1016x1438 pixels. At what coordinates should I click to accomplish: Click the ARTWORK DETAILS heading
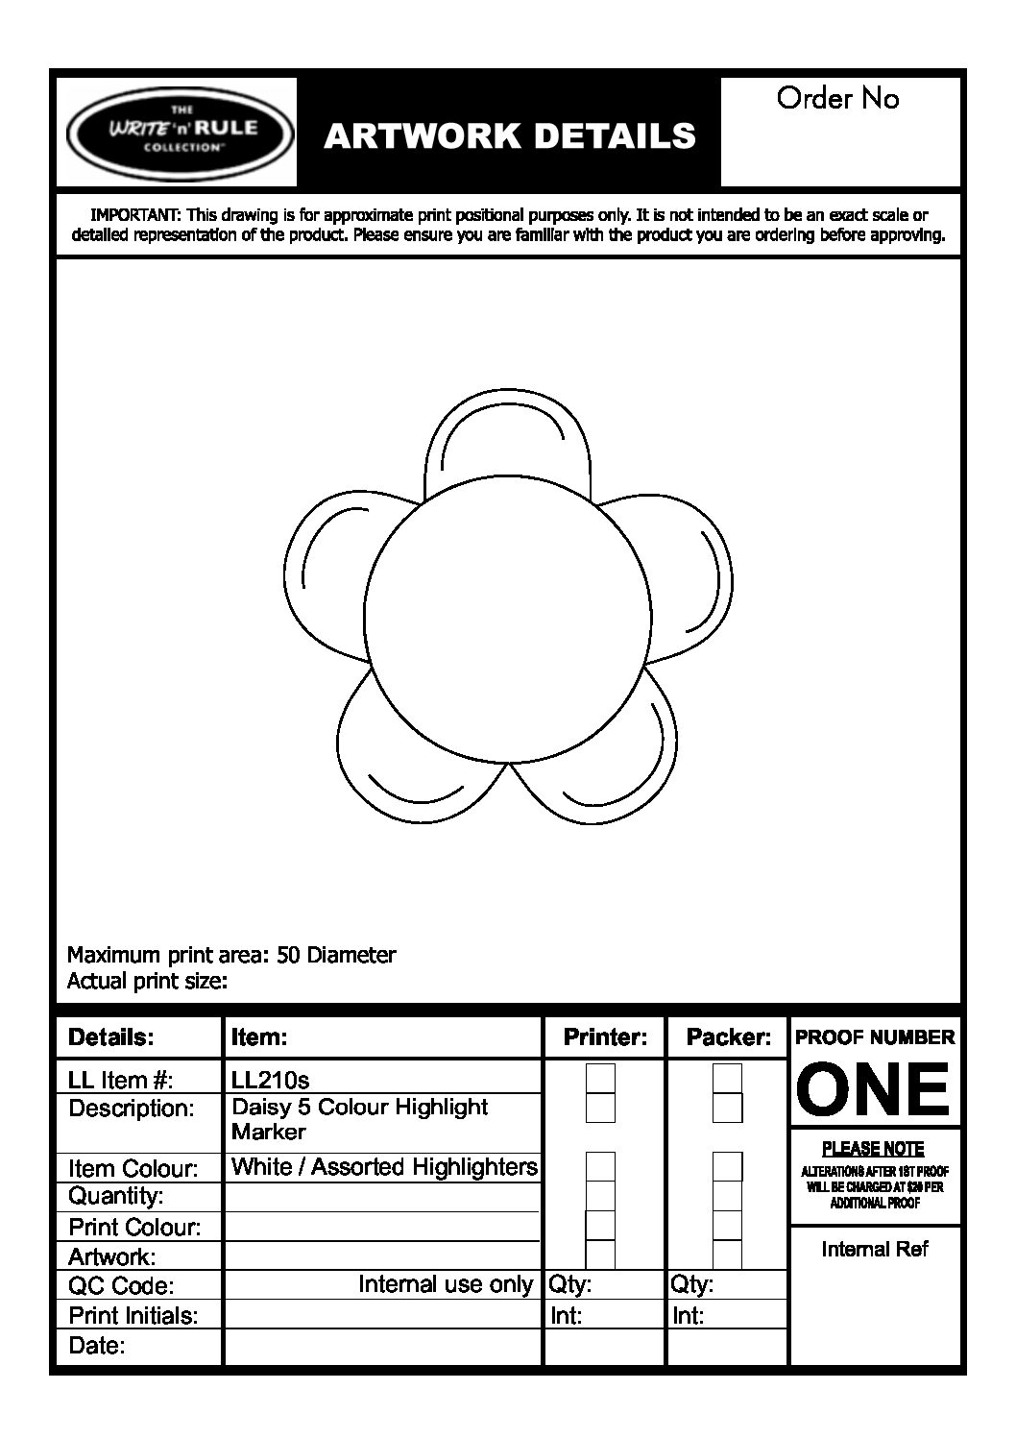[x=509, y=136]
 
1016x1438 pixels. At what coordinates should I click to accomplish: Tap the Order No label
[x=837, y=98]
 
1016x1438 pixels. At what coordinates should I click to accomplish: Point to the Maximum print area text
[x=231, y=955]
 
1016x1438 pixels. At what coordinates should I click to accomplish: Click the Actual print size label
[x=147, y=981]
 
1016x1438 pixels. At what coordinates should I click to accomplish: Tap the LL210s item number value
[x=270, y=1080]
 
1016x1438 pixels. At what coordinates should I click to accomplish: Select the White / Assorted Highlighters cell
[x=384, y=1167]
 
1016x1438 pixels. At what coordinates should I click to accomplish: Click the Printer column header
[x=605, y=1037]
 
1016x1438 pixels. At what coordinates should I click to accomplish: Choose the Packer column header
[x=728, y=1037]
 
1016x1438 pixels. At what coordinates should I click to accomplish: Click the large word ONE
[x=873, y=1089]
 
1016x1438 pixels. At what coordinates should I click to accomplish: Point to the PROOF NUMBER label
[x=875, y=1037]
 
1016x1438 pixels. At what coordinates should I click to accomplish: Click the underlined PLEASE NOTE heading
[x=873, y=1149]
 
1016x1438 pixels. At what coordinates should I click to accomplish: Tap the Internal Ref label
[x=875, y=1249]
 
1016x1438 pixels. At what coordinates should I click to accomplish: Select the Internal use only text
[x=445, y=1284]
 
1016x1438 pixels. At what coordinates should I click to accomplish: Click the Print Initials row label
[x=133, y=1315]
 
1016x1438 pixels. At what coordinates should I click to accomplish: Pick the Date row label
[x=97, y=1346]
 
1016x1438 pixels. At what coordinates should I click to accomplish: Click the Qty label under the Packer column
[x=690, y=1284]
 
